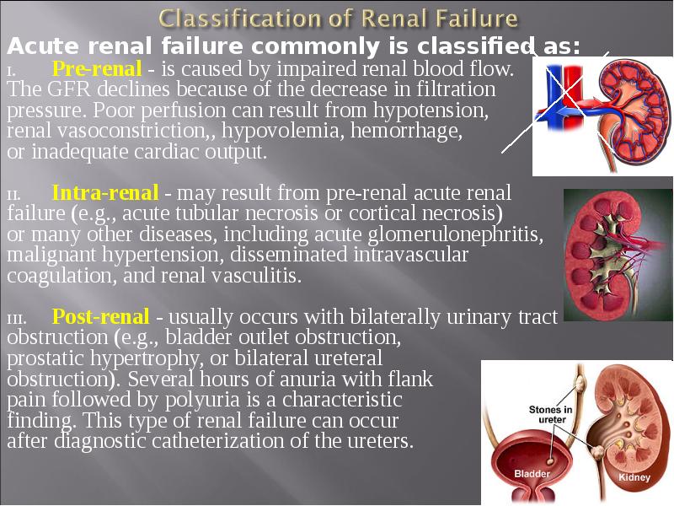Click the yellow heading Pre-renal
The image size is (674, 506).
click(x=97, y=69)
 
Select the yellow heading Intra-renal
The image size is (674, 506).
click(x=105, y=193)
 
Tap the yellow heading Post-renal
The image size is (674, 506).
click(x=100, y=317)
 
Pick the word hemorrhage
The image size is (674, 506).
click(x=406, y=131)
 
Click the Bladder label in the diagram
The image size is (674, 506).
click(x=532, y=474)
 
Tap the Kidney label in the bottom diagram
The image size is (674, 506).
click(x=634, y=477)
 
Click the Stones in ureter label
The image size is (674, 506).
click(x=550, y=414)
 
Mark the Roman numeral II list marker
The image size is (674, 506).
click(x=13, y=196)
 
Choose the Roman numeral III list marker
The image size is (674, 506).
click(x=17, y=320)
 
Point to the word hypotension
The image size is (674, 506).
click(x=431, y=110)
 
